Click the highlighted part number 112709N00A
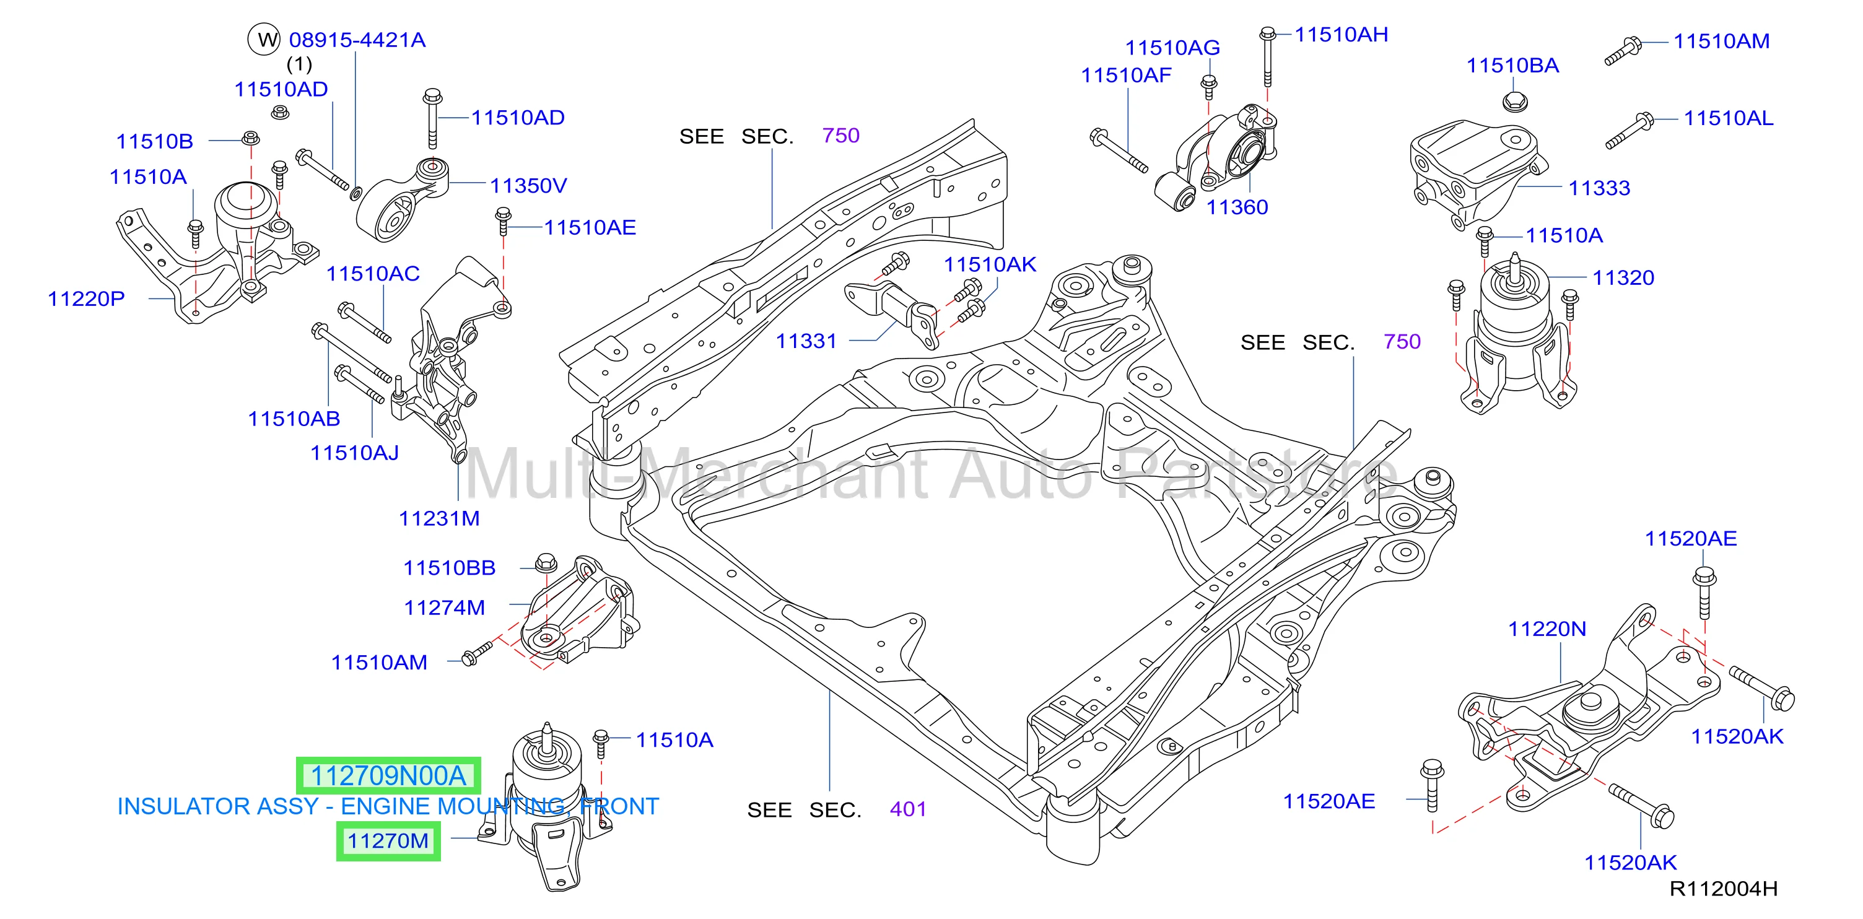[388, 776]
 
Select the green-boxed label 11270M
[388, 841]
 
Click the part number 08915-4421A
[357, 40]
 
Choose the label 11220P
[86, 298]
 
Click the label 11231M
[439, 518]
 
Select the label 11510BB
[449, 568]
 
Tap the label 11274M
[444, 608]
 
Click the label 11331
[806, 341]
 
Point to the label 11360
[1237, 207]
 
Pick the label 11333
[1599, 188]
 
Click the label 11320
[1623, 277]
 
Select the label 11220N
[1547, 629]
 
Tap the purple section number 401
[907, 809]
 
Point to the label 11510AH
[1342, 35]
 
